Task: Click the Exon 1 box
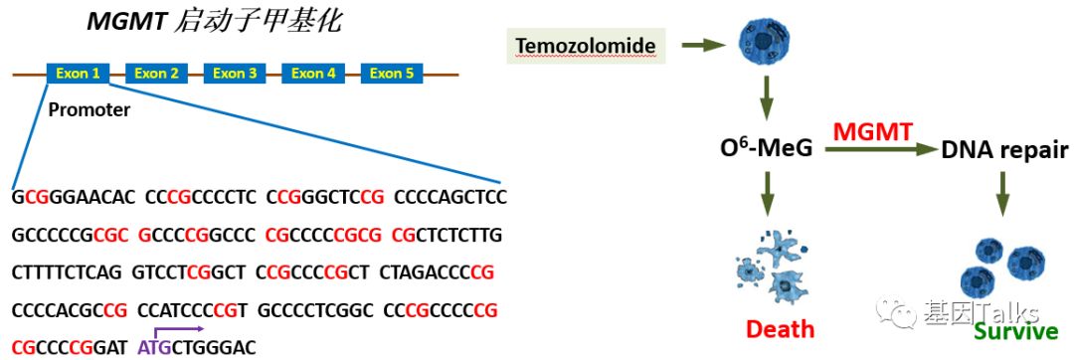(x=78, y=73)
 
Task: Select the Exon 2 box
(x=156, y=73)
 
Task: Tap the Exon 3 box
(x=235, y=73)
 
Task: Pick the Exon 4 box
(x=313, y=73)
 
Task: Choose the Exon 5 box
(x=392, y=73)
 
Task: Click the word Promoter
(x=89, y=109)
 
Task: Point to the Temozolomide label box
(x=587, y=46)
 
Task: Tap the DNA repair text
(x=1005, y=150)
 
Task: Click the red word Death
(x=781, y=329)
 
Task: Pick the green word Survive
(x=1016, y=332)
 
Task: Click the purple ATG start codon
(x=150, y=348)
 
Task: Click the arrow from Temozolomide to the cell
(x=704, y=45)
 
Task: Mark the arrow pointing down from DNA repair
(x=1002, y=193)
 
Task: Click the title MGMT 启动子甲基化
(x=214, y=22)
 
